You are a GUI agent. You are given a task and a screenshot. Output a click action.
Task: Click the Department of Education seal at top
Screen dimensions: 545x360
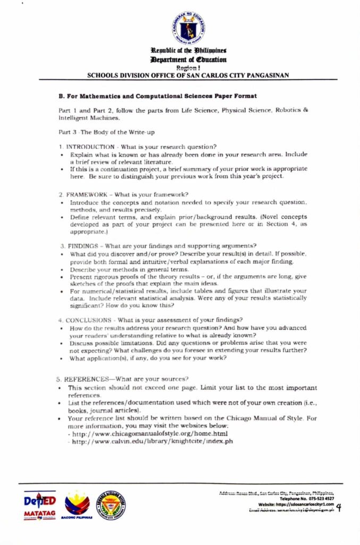pos(189,27)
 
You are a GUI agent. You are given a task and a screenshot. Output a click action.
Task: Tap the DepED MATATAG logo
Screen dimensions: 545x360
pos(40,505)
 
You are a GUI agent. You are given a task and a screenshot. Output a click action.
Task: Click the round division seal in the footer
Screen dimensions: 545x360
pos(111,505)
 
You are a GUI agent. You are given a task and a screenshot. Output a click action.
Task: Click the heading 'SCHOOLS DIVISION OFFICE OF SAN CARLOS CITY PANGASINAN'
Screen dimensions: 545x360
pos(188,75)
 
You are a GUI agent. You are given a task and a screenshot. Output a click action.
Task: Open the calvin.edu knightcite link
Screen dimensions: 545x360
pos(153,441)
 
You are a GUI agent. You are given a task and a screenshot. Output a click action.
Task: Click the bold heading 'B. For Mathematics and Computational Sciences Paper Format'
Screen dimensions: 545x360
pos(158,96)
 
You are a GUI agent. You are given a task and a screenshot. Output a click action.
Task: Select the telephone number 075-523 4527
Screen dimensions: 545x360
pos(318,499)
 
